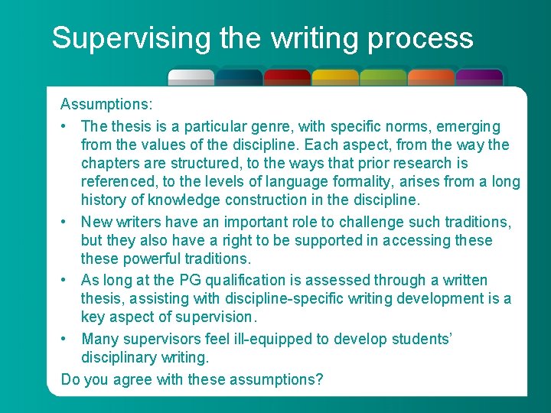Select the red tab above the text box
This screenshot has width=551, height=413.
(x=287, y=76)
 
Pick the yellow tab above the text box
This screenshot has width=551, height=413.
(x=335, y=76)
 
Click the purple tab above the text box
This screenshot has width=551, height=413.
(x=479, y=76)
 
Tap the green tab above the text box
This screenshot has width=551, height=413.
(x=383, y=76)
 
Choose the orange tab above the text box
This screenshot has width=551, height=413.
(x=431, y=76)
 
